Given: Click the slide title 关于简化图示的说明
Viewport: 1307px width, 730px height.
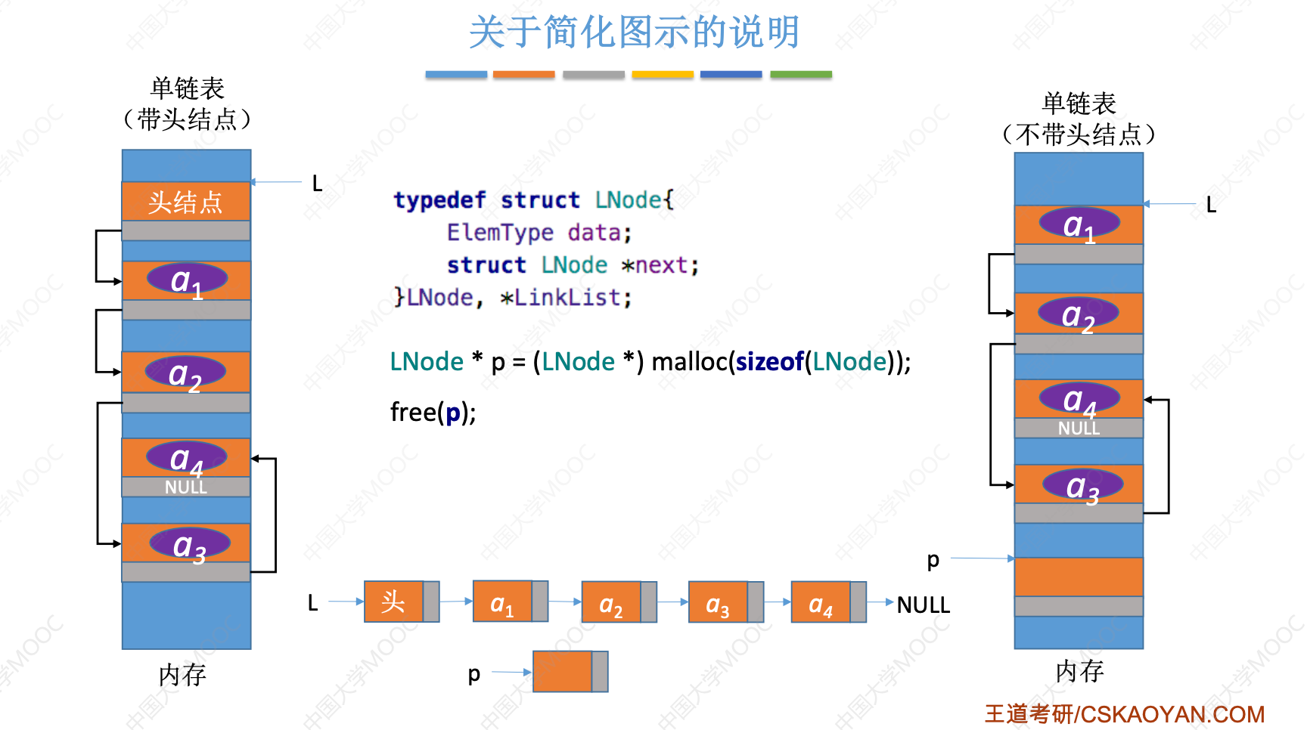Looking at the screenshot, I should coord(634,32).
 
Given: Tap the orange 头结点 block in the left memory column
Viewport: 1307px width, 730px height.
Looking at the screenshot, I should coord(186,202).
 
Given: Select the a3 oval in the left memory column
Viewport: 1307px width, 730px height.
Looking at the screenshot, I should coord(189,543).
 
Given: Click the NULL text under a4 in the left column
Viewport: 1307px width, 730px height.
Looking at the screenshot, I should coord(186,487).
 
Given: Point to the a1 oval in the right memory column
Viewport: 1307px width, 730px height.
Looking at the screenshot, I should coord(1079,224).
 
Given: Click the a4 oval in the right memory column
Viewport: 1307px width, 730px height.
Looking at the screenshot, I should coord(1079,398).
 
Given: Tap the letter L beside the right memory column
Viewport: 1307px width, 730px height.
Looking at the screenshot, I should coord(1211,205).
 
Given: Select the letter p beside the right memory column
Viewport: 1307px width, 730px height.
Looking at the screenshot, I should coord(933,560).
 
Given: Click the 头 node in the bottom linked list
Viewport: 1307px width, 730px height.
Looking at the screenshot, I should coord(393,602).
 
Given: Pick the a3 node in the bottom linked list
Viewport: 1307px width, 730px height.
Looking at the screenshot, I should coord(718,602).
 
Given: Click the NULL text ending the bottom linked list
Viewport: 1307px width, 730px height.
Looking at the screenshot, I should coord(923,605).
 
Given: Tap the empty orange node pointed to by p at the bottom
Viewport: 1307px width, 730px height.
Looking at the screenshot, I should coord(563,672).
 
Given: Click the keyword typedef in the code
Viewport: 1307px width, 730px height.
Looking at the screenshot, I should coord(439,200).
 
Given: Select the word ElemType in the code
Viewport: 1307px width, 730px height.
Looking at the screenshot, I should coord(500,232).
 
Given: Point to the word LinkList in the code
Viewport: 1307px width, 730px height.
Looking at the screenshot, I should coord(567,298).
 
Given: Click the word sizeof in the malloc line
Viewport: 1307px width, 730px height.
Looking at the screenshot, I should coord(769,362).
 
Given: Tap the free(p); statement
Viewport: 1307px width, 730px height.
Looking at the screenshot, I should coord(433,413).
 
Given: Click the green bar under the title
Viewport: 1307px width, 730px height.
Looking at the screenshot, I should coord(800,75).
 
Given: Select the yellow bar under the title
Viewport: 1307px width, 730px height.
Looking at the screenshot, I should coord(663,75).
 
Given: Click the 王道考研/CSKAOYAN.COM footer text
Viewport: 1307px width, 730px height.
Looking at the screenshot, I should coord(1124,714).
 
